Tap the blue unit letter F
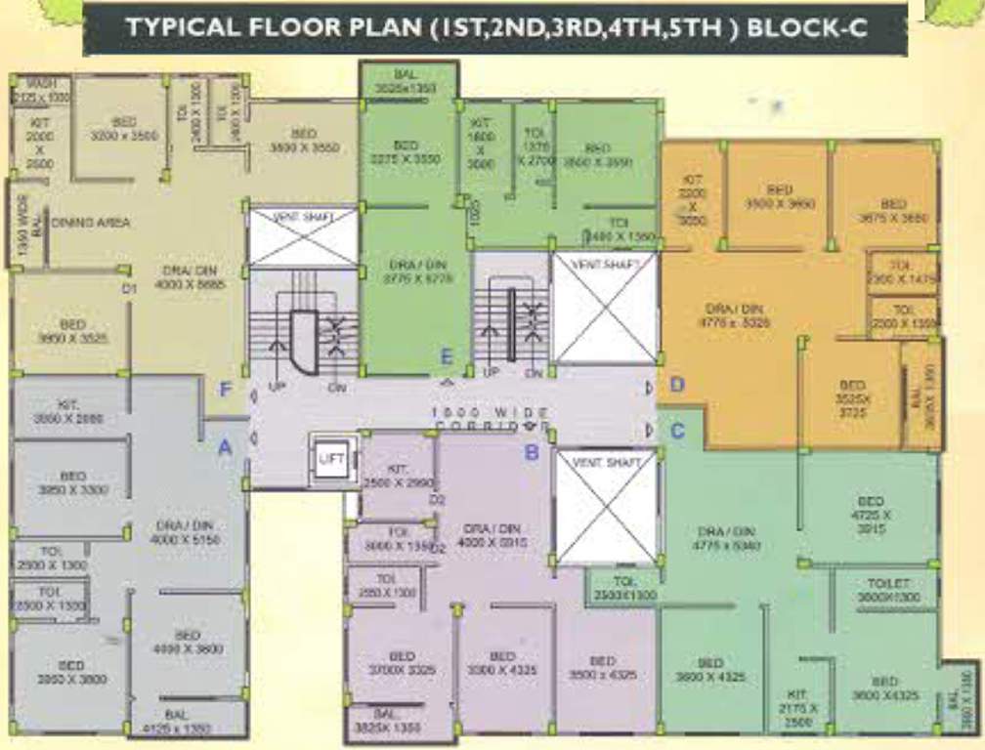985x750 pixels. click(x=225, y=391)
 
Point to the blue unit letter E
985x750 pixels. click(x=447, y=355)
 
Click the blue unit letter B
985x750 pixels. click(x=532, y=452)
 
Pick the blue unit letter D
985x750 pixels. click(x=676, y=386)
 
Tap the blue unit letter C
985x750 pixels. click(x=676, y=429)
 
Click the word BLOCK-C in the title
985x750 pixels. click(x=806, y=27)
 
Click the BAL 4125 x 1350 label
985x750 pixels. click(x=177, y=722)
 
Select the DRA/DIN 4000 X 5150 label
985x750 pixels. click(x=184, y=532)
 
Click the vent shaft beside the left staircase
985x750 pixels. click(x=303, y=236)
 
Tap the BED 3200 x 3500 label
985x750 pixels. click(x=124, y=129)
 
